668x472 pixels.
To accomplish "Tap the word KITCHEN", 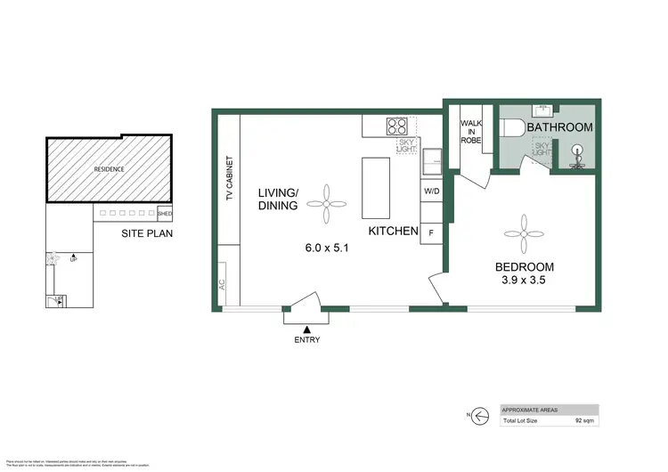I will point(394,232).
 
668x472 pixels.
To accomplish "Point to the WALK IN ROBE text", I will point(470,131).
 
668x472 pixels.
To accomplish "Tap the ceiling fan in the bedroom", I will point(523,232).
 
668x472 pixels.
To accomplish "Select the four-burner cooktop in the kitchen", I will point(396,126).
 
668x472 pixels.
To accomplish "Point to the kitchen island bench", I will point(373,187).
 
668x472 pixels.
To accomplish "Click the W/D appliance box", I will point(431,191).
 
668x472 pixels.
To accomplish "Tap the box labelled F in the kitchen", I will point(431,232).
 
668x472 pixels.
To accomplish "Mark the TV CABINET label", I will point(229,181).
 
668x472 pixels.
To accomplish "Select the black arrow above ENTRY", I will point(307,330).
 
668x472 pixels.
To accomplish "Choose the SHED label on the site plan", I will point(164,214).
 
